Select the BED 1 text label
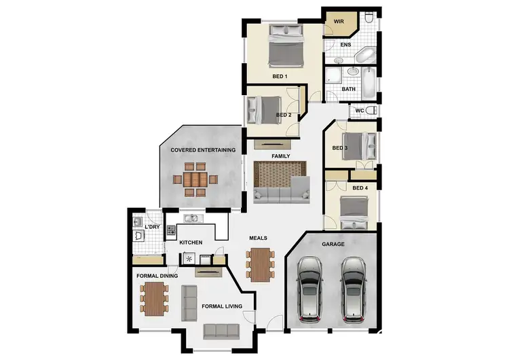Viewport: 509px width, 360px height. (x=280, y=77)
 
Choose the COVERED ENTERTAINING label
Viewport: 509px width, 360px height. (x=203, y=150)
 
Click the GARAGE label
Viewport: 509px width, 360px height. (x=333, y=244)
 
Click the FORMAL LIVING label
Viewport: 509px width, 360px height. (x=222, y=306)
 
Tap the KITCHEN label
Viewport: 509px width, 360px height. (x=191, y=242)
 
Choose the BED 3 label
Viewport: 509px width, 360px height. (x=341, y=148)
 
